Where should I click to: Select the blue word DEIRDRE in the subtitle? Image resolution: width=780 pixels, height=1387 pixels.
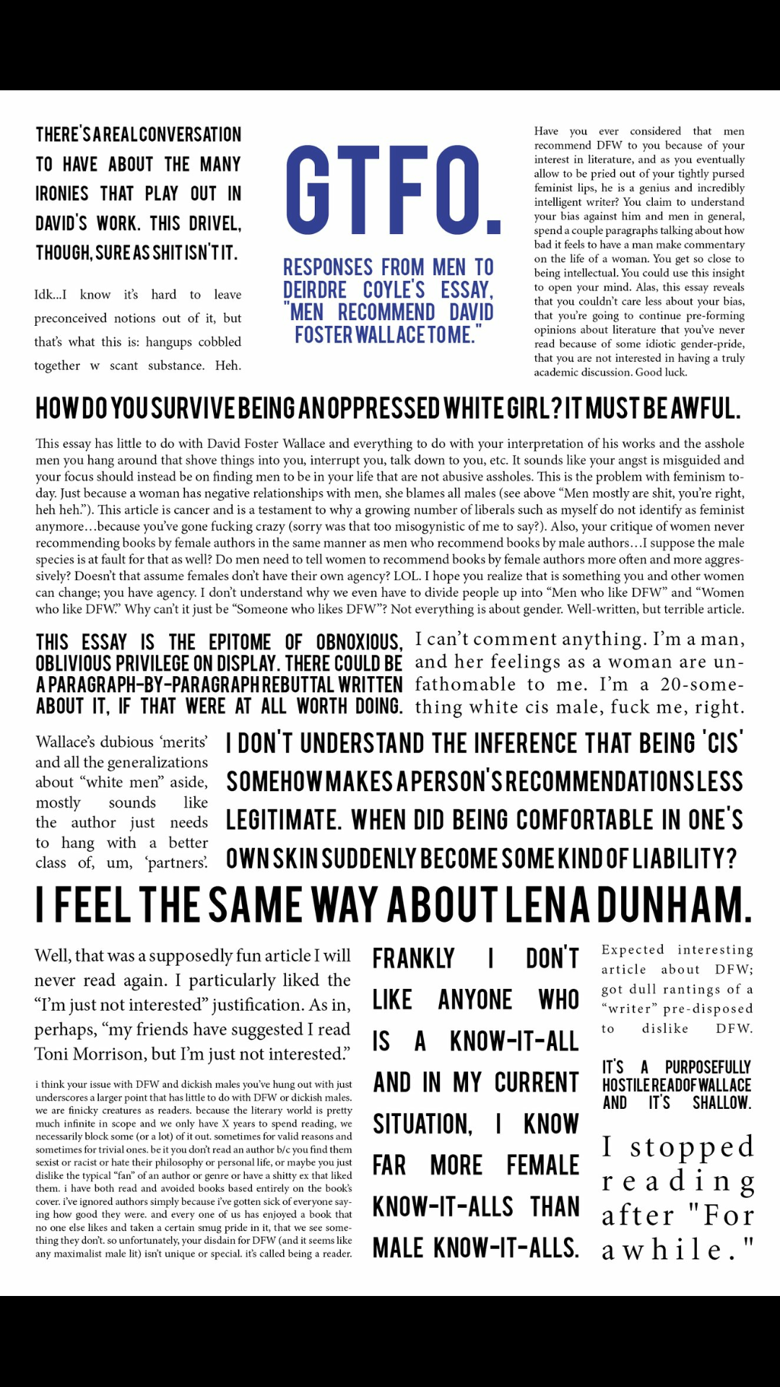315,290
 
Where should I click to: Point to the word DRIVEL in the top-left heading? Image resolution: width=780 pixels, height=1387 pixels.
214,224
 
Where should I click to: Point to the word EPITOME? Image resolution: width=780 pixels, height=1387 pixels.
240,643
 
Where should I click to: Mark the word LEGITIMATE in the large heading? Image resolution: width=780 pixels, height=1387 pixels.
284,821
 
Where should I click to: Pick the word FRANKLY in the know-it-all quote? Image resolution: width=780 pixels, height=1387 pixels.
414,959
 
